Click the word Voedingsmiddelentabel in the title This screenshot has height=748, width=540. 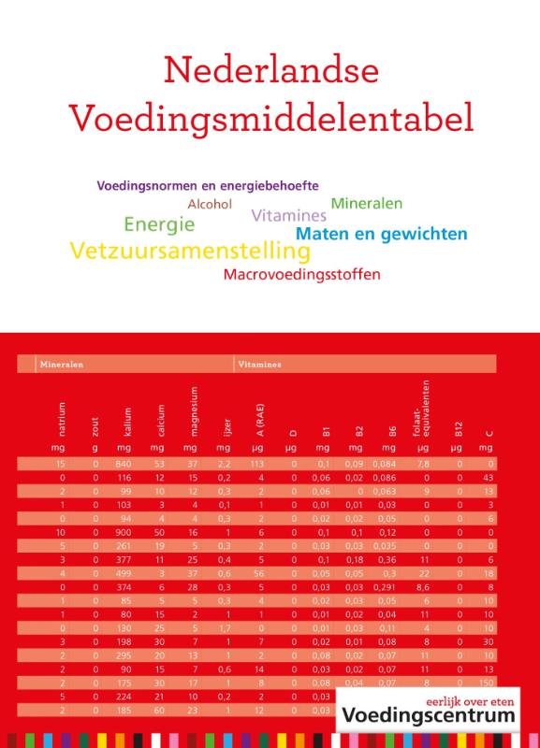tap(270, 119)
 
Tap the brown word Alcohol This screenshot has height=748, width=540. tap(210, 204)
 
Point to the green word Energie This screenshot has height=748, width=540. tap(159, 225)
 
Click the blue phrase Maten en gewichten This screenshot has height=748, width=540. tap(381, 233)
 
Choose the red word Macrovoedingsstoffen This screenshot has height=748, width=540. tap(302, 275)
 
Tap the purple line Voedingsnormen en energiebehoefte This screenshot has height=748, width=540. tap(208, 185)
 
